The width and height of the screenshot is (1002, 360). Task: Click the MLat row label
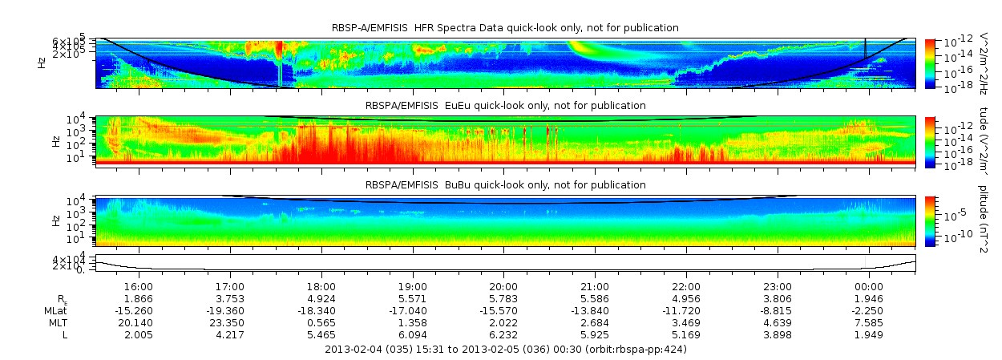(x=59, y=310)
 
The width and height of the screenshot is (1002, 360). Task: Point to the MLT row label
(x=60, y=322)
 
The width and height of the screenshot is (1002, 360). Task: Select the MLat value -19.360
(x=230, y=310)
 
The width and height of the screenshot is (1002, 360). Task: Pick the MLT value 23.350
(x=230, y=322)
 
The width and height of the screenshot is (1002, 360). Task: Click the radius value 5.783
(x=503, y=298)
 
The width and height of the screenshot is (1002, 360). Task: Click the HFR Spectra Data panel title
(x=505, y=28)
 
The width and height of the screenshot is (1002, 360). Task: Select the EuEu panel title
(x=505, y=106)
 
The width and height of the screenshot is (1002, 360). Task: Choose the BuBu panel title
(x=505, y=185)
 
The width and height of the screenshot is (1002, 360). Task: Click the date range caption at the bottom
(x=505, y=350)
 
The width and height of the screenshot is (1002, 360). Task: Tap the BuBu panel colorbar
(x=930, y=220)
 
